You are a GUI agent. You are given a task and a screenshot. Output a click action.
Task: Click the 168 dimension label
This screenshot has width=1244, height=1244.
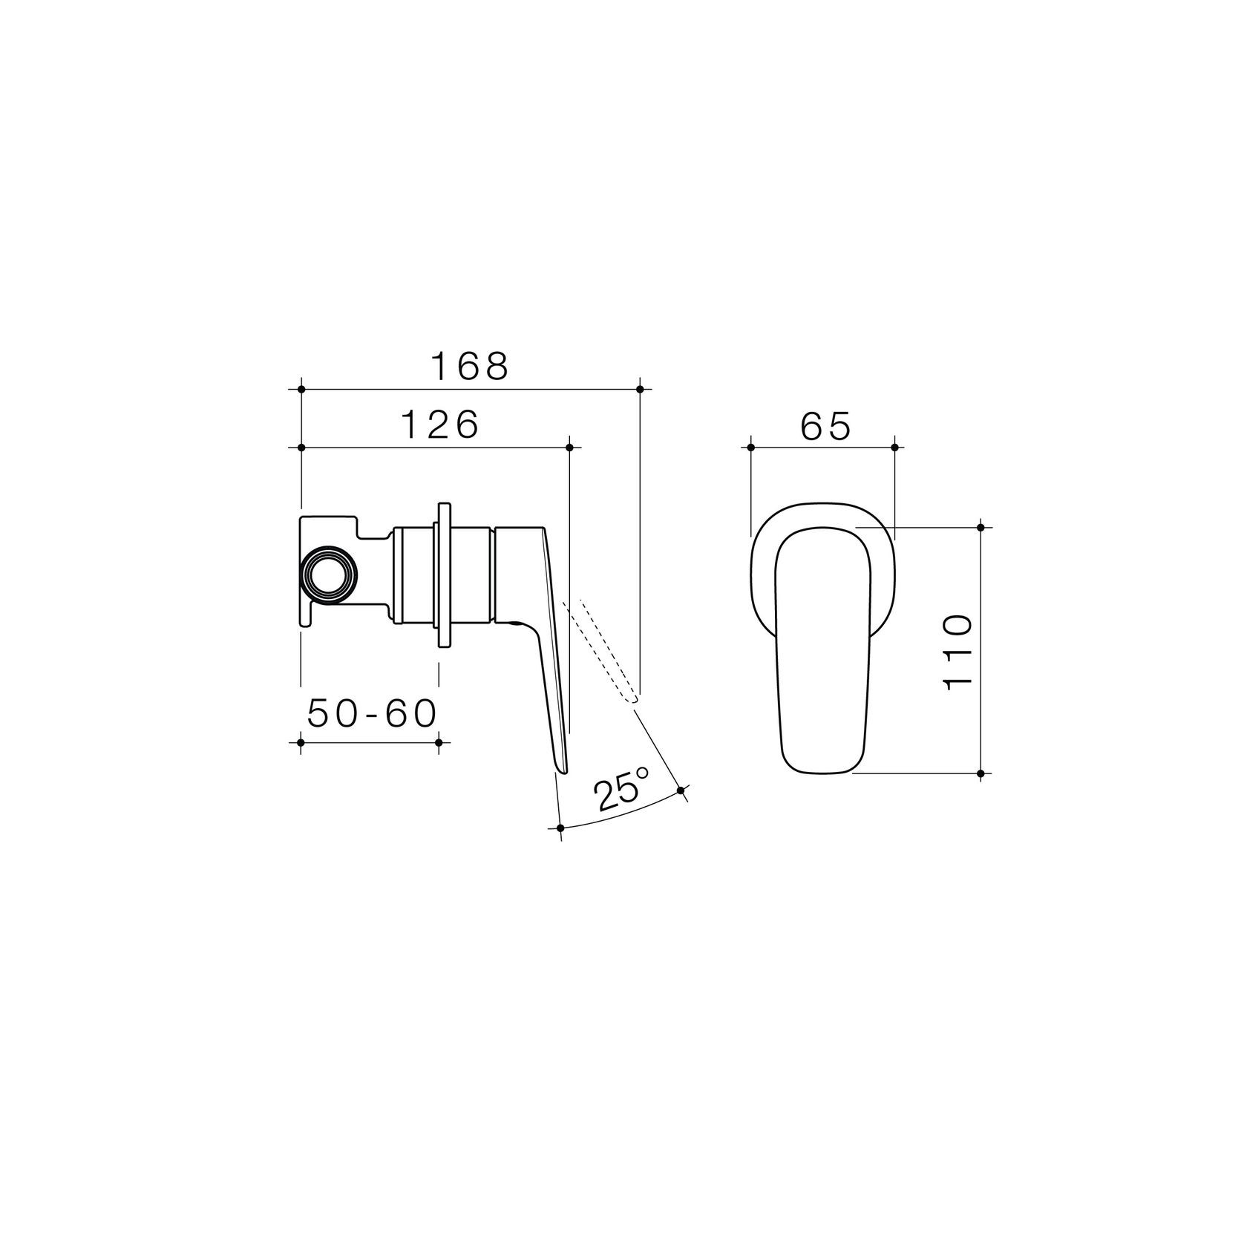click(470, 367)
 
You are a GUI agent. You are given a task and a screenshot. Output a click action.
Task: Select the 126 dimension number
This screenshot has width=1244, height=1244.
click(441, 425)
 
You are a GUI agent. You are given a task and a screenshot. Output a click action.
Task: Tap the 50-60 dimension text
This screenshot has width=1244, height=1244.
click(371, 715)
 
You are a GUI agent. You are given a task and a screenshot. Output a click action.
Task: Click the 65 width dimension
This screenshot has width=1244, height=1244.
click(825, 427)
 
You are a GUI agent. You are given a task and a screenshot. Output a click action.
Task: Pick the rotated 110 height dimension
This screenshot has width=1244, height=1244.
click(958, 652)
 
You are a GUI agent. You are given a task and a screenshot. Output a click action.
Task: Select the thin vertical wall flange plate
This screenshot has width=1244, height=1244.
click(444, 574)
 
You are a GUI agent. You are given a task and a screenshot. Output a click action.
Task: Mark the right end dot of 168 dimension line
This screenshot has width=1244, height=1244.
click(640, 389)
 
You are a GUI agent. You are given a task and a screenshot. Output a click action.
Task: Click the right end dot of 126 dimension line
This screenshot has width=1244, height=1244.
click(569, 448)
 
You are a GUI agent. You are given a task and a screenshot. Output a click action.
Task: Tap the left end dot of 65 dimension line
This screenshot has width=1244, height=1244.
click(751, 448)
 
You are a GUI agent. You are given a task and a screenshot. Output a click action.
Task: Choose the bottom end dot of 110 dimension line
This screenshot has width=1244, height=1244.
click(981, 773)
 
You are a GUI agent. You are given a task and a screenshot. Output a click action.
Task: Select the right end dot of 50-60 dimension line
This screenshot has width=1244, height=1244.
click(439, 742)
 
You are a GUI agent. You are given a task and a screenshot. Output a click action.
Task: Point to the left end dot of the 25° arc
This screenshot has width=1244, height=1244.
click(560, 828)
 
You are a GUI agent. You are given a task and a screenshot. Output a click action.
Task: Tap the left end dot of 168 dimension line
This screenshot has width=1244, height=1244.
click(301, 389)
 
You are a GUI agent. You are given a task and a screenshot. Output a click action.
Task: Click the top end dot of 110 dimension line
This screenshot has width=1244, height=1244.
click(981, 527)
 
